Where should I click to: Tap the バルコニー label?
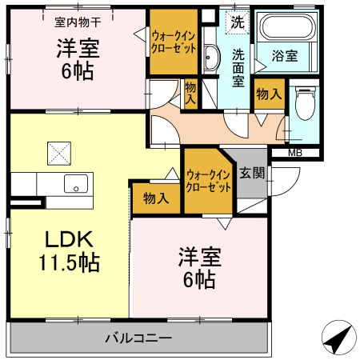tap(138, 338)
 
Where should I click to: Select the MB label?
tap(294, 153)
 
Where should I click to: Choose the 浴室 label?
tap(285, 56)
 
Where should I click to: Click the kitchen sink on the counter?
tap(77, 183)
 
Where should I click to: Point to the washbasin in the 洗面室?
tap(211, 58)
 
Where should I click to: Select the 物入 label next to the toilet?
tap(267, 94)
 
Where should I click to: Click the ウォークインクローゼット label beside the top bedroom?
tap(174, 42)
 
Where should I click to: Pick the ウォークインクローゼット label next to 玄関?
tap(208, 180)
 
